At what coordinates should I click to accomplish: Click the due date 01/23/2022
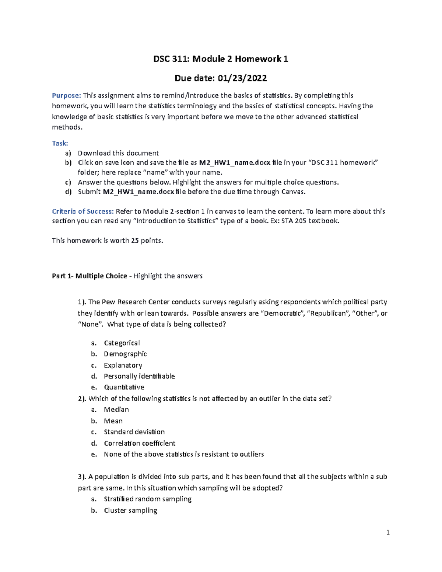tap(242, 78)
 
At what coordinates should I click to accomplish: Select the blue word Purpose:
tap(66, 95)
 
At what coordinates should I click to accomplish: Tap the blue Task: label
tap(60, 143)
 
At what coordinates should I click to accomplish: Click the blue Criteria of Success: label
tap(83, 211)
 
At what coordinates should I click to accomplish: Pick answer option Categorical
tap(122, 343)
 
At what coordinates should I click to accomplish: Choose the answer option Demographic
tap(125, 354)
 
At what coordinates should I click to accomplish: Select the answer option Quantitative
tap(124, 387)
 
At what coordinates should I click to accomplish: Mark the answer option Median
tap(116, 410)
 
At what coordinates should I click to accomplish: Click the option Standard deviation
tap(134, 432)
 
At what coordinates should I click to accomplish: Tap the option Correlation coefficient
tap(139, 443)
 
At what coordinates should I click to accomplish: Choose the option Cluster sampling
tap(130, 510)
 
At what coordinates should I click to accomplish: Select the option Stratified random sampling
tap(147, 499)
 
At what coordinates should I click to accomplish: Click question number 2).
tap(82, 399)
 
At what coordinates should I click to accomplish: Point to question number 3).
tap(82, 477)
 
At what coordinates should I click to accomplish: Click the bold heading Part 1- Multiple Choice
tap(89, 276)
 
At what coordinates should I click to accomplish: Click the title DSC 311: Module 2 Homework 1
tap(221, 59)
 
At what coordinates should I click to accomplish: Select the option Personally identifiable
tap(139, 376)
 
